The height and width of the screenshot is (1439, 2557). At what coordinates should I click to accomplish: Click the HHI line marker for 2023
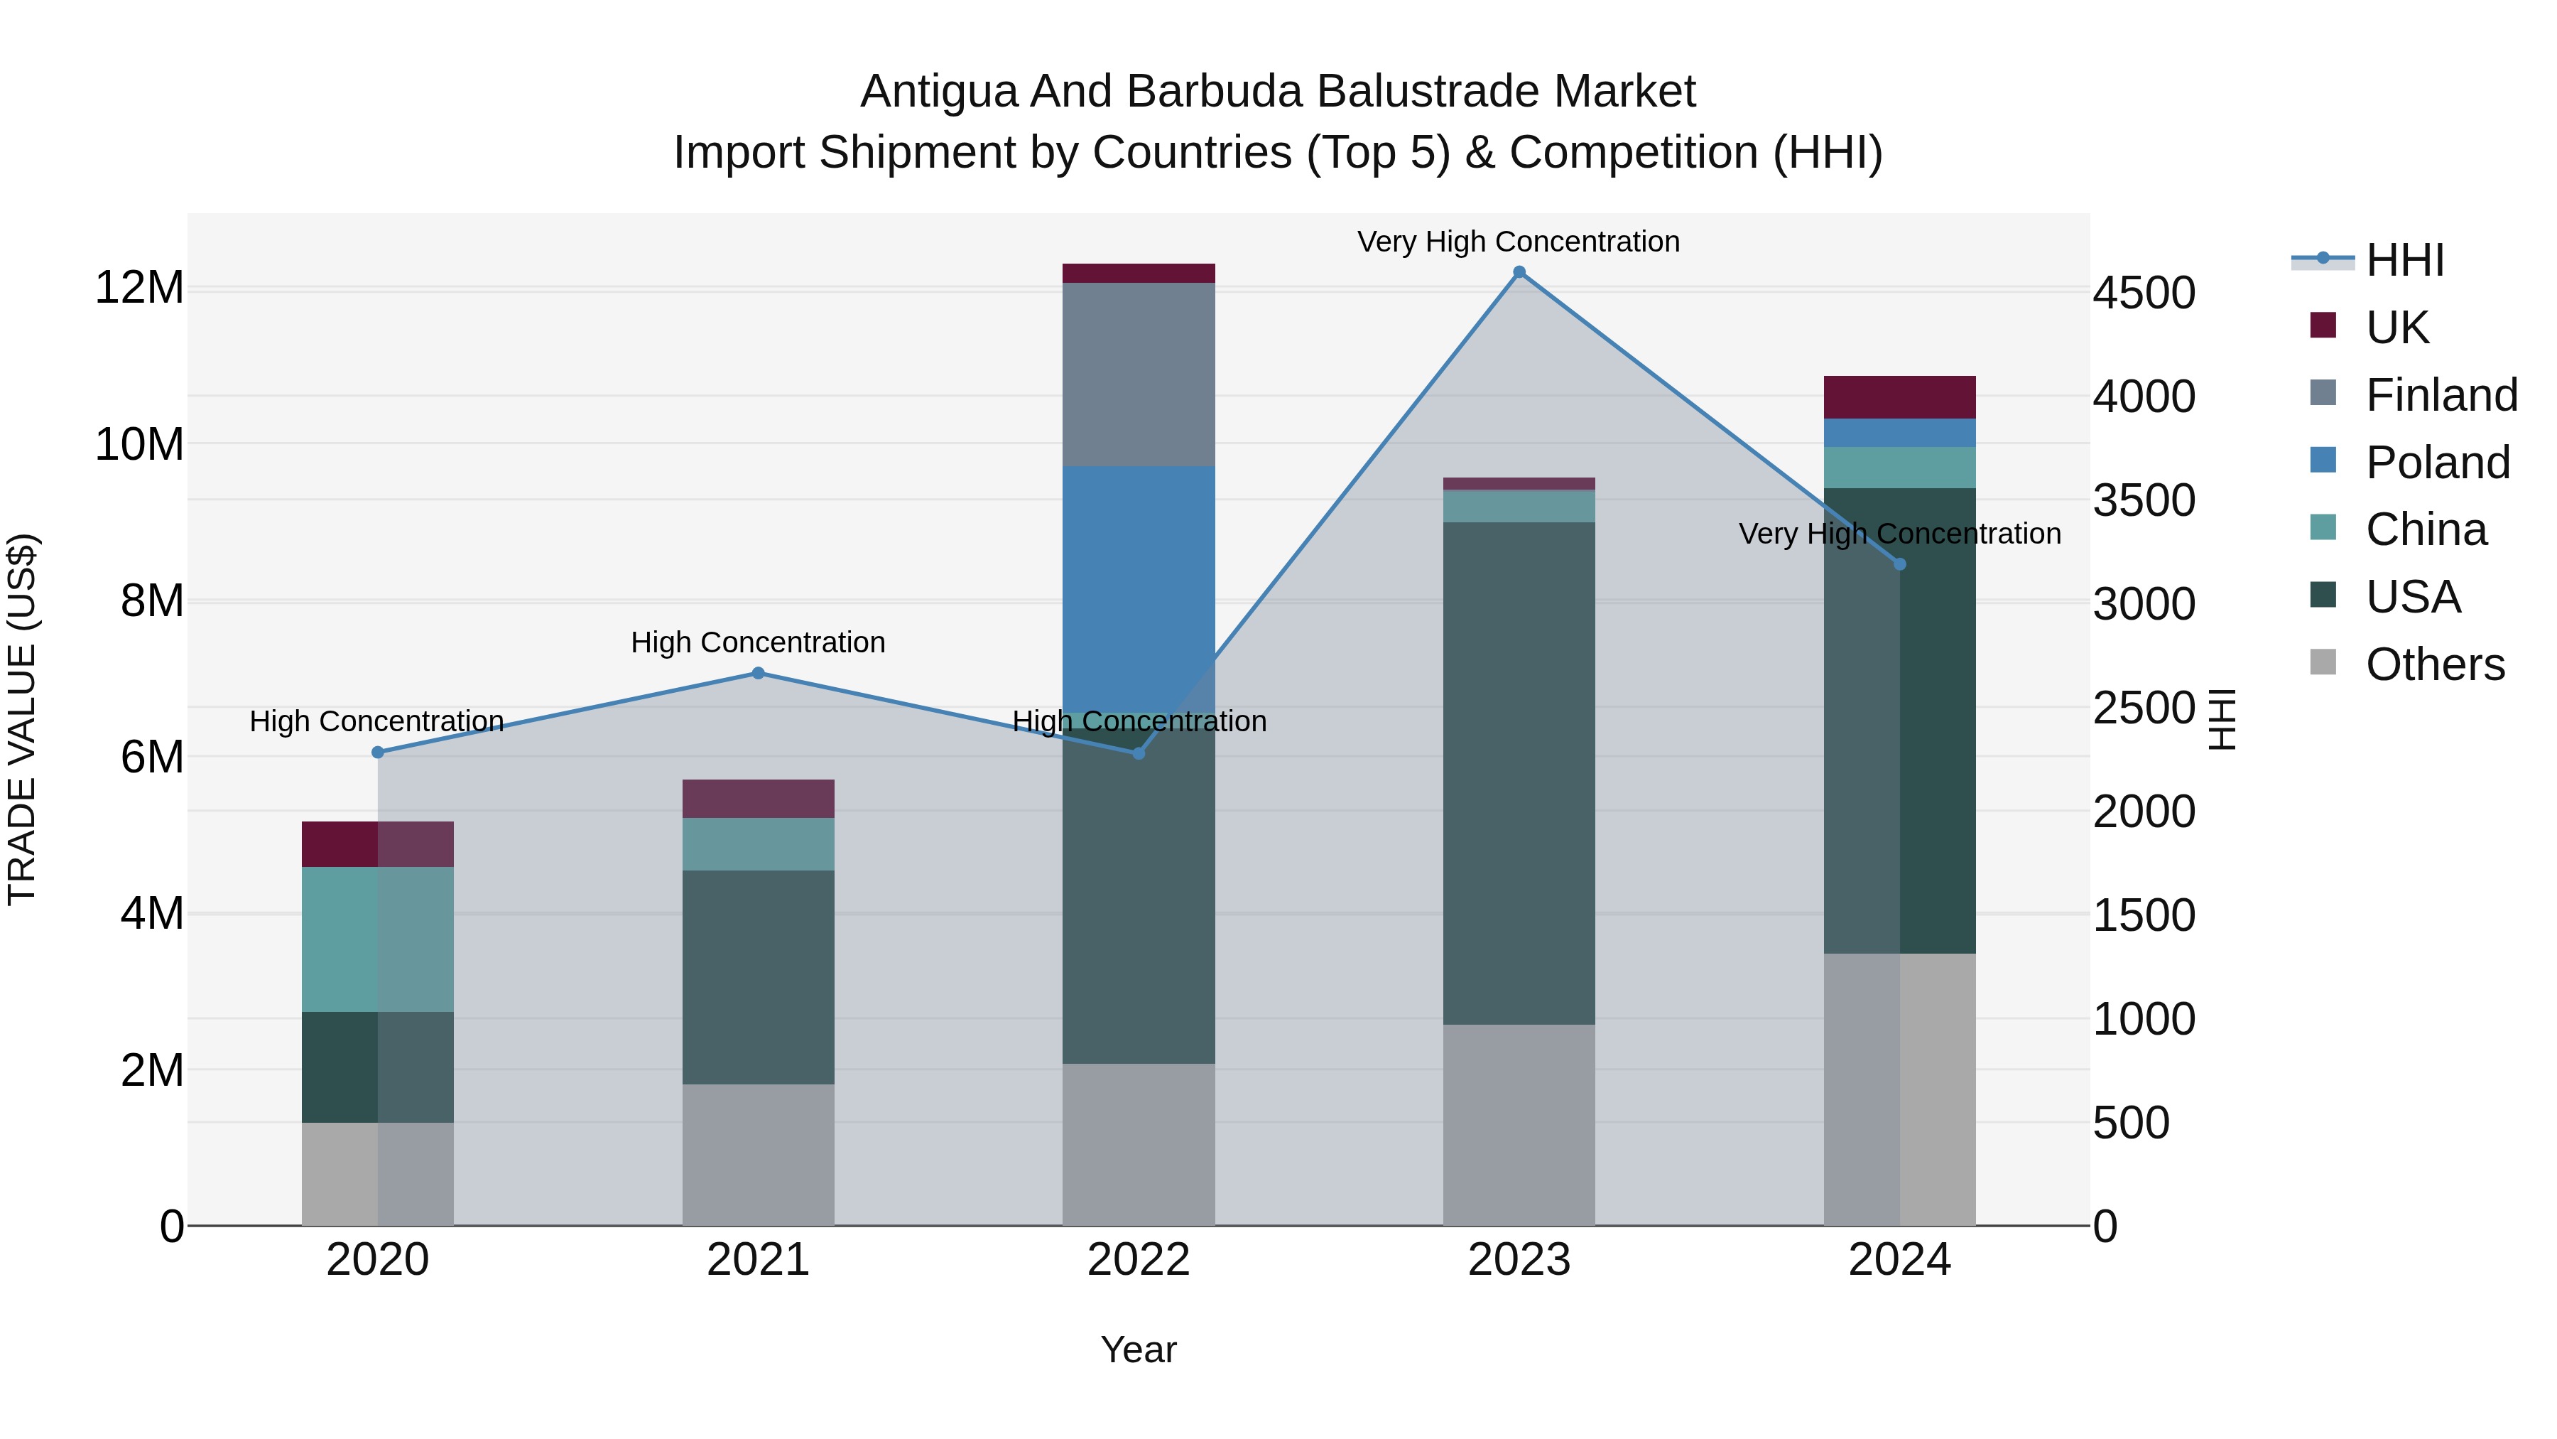pos(1519,272)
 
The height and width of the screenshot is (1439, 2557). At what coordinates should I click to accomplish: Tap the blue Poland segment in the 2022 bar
pos(1139,586)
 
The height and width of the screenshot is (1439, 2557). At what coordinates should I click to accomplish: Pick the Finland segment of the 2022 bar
pos(1139,374)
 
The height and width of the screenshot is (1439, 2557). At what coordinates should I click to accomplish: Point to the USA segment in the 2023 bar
pos(1519,772)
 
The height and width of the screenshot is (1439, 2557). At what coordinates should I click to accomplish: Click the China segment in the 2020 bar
pos(377,939)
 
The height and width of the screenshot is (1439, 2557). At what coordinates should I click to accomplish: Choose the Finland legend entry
pos(2440,395)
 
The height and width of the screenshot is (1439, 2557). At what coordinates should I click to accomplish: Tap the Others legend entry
pos(2434,664)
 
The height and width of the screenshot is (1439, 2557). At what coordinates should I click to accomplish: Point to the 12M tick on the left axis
pos(139,288)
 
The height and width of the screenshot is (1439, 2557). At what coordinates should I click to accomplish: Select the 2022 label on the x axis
pos(1139,1260)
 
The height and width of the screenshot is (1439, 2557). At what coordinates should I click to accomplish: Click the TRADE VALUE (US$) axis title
pos(22,719)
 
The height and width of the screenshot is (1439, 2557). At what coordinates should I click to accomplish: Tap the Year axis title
pos(1139,1349)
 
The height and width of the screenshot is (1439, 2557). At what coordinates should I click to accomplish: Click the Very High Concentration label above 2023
pos(1518,242)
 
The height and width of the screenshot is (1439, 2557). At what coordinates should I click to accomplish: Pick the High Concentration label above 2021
pos(757,642)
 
